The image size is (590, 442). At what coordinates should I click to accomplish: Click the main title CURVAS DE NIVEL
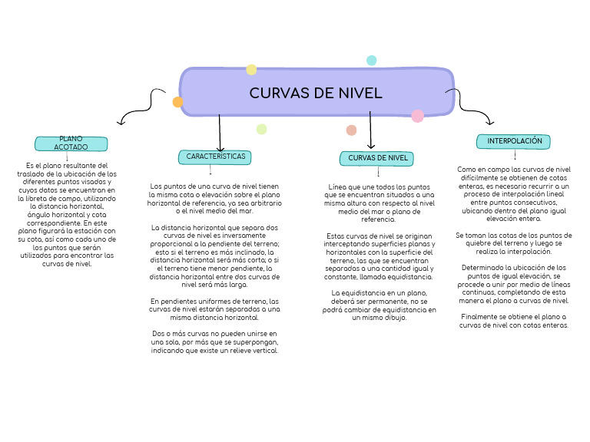316,93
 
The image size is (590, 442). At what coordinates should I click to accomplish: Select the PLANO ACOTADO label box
71,143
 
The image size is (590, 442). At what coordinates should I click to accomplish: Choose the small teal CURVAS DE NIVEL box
377,158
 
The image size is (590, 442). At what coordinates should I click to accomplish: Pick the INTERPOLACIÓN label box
514,141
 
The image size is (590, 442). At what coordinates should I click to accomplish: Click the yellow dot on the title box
251,70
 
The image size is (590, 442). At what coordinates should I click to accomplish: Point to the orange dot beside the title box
178,102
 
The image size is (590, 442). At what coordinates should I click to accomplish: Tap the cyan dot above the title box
372,61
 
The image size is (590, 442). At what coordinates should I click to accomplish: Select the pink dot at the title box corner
417,117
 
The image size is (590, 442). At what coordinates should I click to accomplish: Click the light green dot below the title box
261,129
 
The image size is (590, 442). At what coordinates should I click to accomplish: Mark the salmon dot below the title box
351,130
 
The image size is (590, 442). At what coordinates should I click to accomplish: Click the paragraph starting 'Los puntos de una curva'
214,198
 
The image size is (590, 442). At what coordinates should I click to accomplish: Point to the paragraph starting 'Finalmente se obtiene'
514,321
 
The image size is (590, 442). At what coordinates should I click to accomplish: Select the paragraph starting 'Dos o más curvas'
214,342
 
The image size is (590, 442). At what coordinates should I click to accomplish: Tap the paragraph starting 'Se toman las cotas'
514,243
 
